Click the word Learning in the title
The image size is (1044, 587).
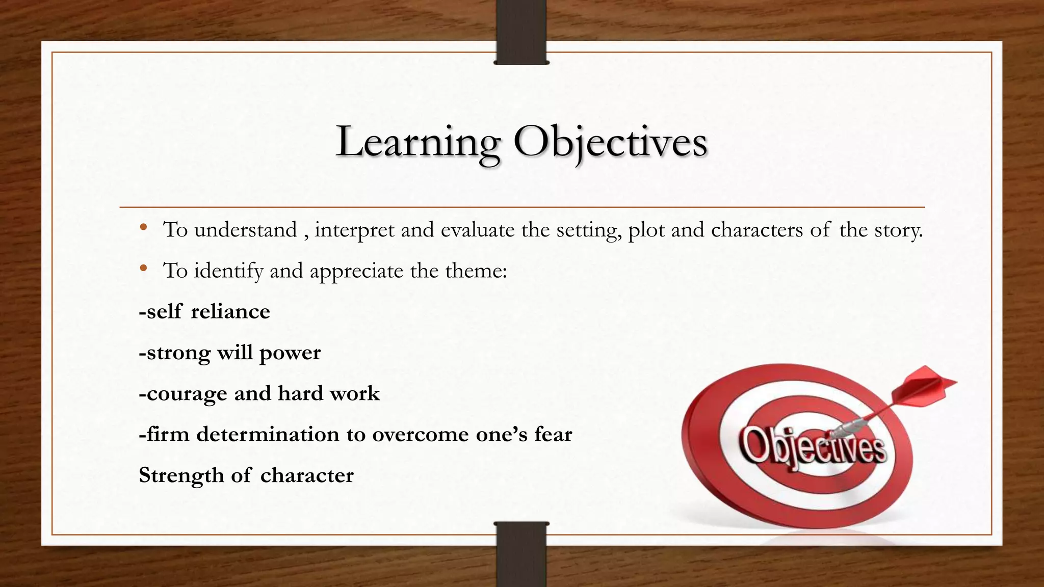(418, 143)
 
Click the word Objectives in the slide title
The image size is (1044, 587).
(610, 143)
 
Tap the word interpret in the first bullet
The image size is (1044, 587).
(354, 230)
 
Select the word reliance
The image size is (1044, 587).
(230, 312)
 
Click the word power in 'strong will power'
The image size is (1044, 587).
(290, 353)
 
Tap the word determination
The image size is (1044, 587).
(268, 435)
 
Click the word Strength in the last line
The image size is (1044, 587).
(181, 476)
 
